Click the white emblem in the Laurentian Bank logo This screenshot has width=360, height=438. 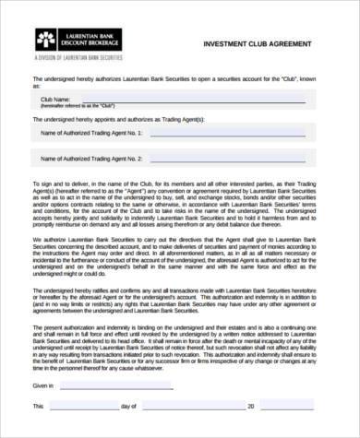(x=44, y=40)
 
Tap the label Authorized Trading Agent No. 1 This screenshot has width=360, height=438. (x=91, y=133)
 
